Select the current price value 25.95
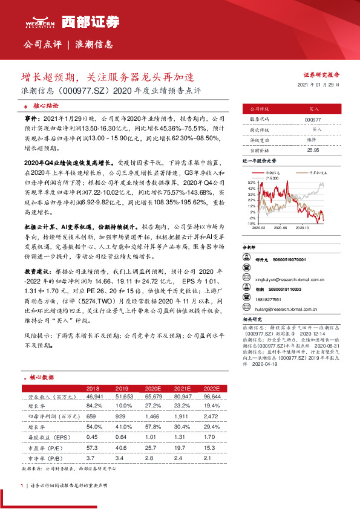(x=313, y=149)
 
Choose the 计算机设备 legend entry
(x=317, y=172)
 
